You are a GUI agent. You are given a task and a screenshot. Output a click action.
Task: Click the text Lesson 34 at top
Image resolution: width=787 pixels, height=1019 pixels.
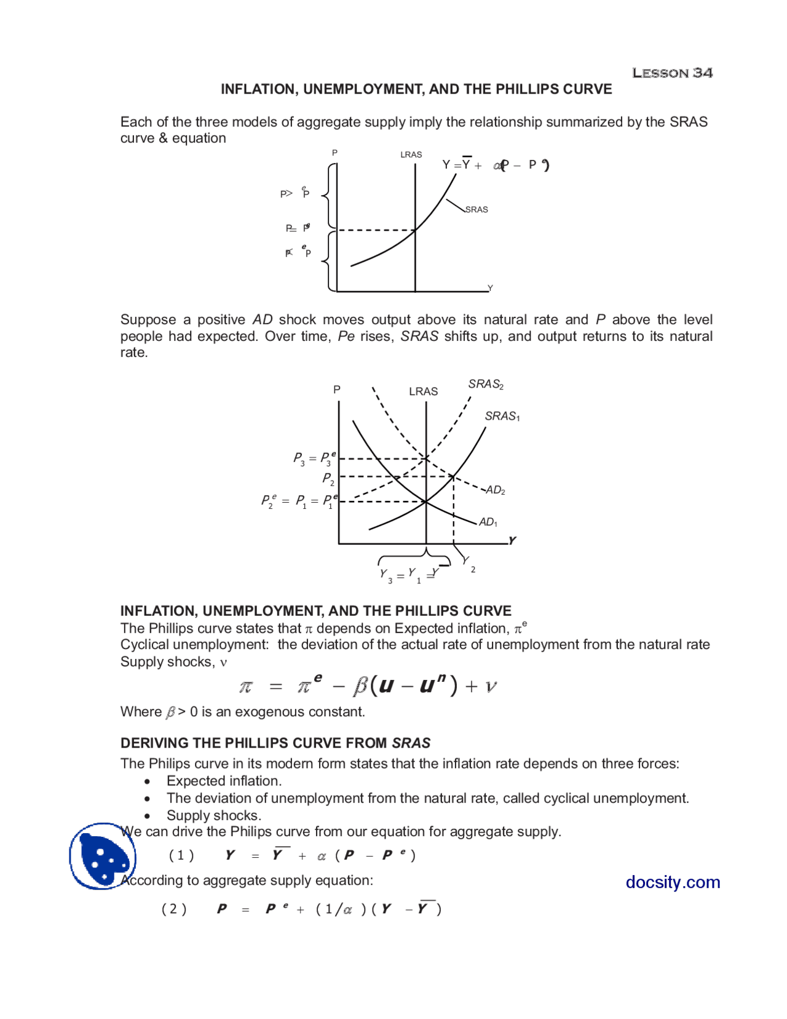(x=672, y=73)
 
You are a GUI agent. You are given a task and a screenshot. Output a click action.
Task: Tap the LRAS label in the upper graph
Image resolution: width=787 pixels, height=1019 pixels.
(x=411, y=154)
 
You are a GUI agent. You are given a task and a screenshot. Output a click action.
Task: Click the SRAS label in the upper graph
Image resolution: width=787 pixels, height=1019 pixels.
(x=477, y=210)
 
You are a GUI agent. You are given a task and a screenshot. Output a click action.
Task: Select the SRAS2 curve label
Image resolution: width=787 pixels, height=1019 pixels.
(x=486, y=385)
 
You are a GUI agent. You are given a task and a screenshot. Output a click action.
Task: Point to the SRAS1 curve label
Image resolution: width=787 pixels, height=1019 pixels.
(x=502, y=417)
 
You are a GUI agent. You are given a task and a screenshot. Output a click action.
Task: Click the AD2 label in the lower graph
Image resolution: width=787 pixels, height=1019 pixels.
(x=496, y=490)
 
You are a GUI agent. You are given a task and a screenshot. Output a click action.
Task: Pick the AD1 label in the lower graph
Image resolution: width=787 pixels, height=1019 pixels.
(x=488, y=522)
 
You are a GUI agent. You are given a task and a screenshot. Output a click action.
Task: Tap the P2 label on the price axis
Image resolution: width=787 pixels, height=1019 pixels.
(x=328, y=478)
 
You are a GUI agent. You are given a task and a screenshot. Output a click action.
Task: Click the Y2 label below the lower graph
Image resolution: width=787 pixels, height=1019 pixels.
(x=469, y=564)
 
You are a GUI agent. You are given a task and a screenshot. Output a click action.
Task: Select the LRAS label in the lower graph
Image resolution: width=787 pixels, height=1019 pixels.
(x=424, y=391)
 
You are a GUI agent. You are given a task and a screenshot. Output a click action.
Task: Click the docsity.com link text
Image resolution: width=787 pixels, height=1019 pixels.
(x=673, y=882)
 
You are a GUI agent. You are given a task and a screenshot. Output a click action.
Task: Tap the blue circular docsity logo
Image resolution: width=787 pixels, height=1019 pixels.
(x=102, y=856)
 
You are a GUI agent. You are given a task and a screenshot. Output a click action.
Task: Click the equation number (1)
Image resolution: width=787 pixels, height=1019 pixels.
(x=181, y=855)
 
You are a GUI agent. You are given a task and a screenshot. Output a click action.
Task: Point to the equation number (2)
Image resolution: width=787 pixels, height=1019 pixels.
(x=174, y=909)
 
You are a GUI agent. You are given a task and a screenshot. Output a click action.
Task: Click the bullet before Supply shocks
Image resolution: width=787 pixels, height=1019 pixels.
(x=147, y=816)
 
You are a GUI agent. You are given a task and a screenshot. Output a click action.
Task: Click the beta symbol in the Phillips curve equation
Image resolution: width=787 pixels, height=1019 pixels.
(x=360, y=686)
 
